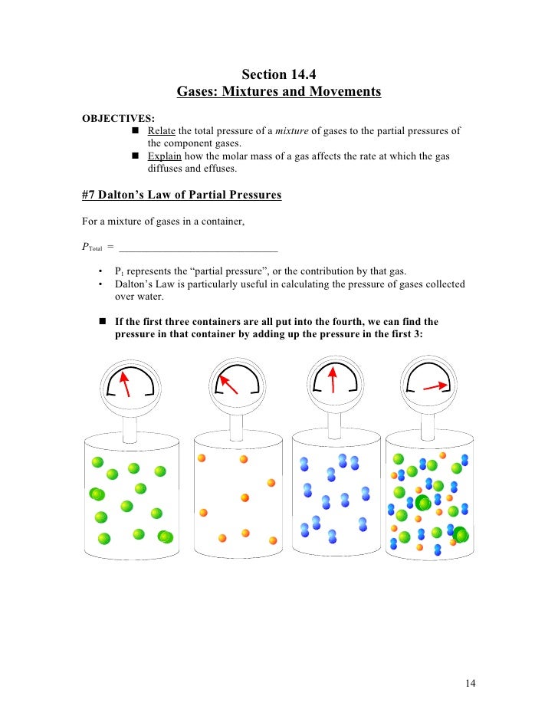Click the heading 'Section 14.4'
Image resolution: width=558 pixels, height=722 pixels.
(x=278, y=74)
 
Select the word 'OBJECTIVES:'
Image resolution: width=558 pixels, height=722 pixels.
(x=118, y=118)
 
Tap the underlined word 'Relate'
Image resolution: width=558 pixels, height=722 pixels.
(x=162, y=131)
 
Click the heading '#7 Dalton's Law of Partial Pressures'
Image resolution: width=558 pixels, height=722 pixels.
(x=182, y=195)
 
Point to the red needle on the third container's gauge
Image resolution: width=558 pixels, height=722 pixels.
(x=333, y=379)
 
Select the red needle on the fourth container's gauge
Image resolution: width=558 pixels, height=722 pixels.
(x=435, y=386)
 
